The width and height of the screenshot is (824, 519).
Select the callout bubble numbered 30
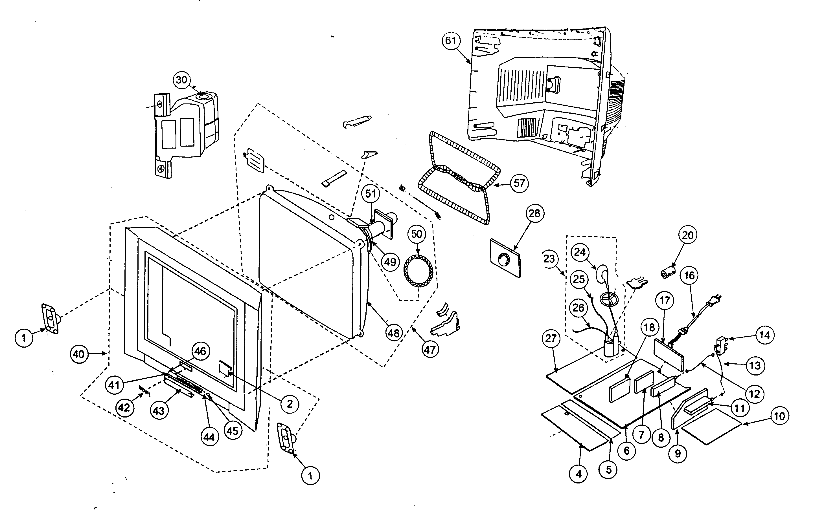tap(181, 80)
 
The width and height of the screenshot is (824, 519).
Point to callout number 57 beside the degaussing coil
tap(519, 184)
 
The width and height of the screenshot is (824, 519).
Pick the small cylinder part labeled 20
tap(668, 273)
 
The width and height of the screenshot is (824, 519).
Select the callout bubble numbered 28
tap(534, 214)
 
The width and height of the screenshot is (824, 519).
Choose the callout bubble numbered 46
tap(200, 351)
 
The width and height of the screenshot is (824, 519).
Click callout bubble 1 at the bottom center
tap(310, 476)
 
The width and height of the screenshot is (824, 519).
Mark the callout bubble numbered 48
tap(394, 333)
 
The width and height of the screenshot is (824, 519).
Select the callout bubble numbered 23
tap(549, 259)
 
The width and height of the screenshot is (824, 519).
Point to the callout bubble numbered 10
tap(779, 416)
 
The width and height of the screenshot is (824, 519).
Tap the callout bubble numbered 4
tap(578, 474)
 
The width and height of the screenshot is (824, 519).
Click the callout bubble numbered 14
tap(764, 335)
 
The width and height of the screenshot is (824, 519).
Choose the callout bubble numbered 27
tap(551, 339)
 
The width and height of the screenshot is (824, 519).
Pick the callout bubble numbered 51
tap(371, 194)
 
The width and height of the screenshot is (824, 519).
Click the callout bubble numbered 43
tap(158, 411)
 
